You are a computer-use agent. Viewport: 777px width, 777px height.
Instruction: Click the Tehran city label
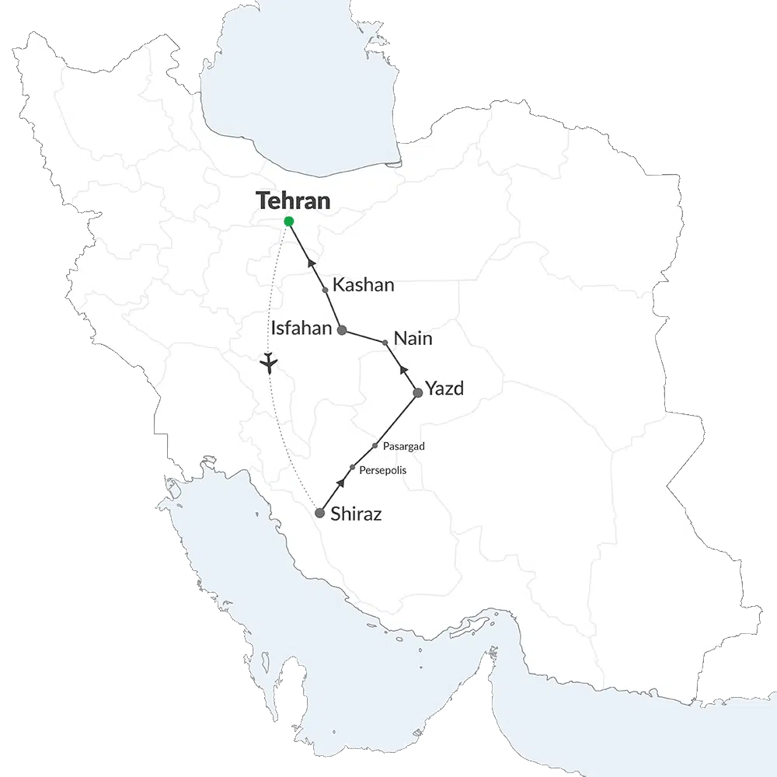[x=293, y=200]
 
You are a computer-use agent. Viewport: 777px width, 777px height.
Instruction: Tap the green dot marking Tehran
[x=289, y=221]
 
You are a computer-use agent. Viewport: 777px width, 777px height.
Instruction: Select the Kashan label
[x=363, y=285]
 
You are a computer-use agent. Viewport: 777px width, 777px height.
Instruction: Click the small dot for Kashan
[x=325, y=290]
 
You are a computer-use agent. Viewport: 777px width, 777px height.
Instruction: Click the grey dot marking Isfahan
[x=342, y=329]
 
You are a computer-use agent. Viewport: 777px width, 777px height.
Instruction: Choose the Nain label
[x=413, y=339]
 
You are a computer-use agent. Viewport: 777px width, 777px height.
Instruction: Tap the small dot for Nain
[x=385, y=342]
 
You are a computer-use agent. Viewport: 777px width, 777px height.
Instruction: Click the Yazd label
[x=444, y=389]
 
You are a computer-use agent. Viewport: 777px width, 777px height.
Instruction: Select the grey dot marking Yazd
[x=418, y=392]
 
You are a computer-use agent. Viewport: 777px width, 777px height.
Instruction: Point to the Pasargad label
[x=404, y=446]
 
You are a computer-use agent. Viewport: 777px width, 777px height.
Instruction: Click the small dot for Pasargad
[x=375, y=446]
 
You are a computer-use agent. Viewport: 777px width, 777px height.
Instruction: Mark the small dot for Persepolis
[x=353, y=468]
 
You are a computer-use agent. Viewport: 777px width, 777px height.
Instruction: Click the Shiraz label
[x=356, y=514]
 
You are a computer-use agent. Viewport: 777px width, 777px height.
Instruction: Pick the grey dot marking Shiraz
[x=319, y=513]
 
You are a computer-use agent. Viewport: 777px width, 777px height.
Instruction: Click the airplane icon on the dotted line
[x=269, y=362]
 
